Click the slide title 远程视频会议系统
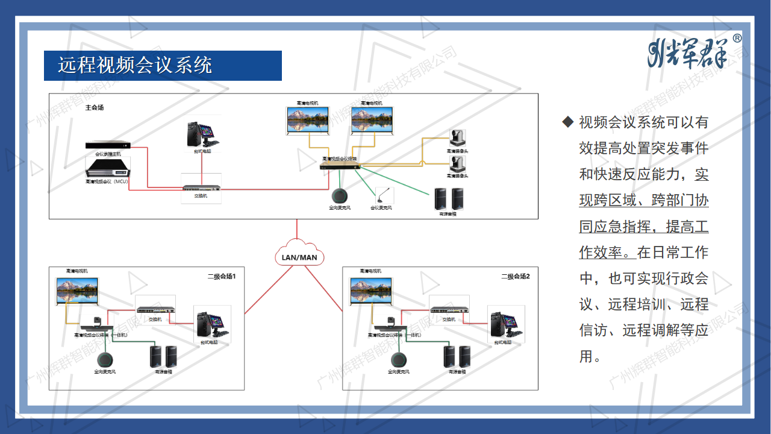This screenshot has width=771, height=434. pos(135,65)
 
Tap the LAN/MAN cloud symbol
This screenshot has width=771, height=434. pos(299,255)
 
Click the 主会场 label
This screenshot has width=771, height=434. pos(95,108)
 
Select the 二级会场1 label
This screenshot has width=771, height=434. pos(222,277)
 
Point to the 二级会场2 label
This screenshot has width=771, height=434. pos(516,277)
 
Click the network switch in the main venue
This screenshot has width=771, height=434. pos(202,188)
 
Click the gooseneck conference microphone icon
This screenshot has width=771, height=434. pos(381,195)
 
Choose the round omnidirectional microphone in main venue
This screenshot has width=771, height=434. pos(340,196)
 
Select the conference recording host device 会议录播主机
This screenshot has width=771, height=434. pos(108,146)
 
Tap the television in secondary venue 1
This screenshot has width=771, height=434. pos(77,291)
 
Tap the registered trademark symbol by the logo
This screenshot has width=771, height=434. pos(737,39)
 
